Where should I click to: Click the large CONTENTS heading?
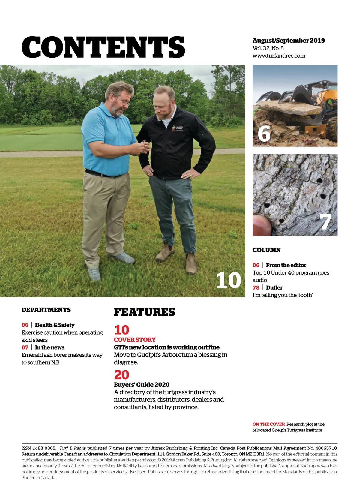tap(103, 47)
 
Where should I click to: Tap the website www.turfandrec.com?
tap(279, 56)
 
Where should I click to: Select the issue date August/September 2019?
tap(289, 41)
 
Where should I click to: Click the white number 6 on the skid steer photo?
tap(264, 134)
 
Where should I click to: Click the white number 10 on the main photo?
tap(228, 281)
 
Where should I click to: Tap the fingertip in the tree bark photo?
tap(262, 225)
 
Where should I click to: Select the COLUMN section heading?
tap(266, 250)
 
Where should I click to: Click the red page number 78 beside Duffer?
tap(256, 288)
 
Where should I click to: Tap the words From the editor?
tap(286, 265)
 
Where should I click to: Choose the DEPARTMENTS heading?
tap(46, 310)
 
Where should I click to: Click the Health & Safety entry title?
tap(55, 325)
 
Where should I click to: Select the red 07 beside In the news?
tap(25, 347)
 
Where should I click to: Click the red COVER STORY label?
tap(135, 340)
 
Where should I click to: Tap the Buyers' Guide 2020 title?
tap(142, 385)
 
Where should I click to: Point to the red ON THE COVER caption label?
tap(268, 424)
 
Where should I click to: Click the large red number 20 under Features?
tap(121, 375)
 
